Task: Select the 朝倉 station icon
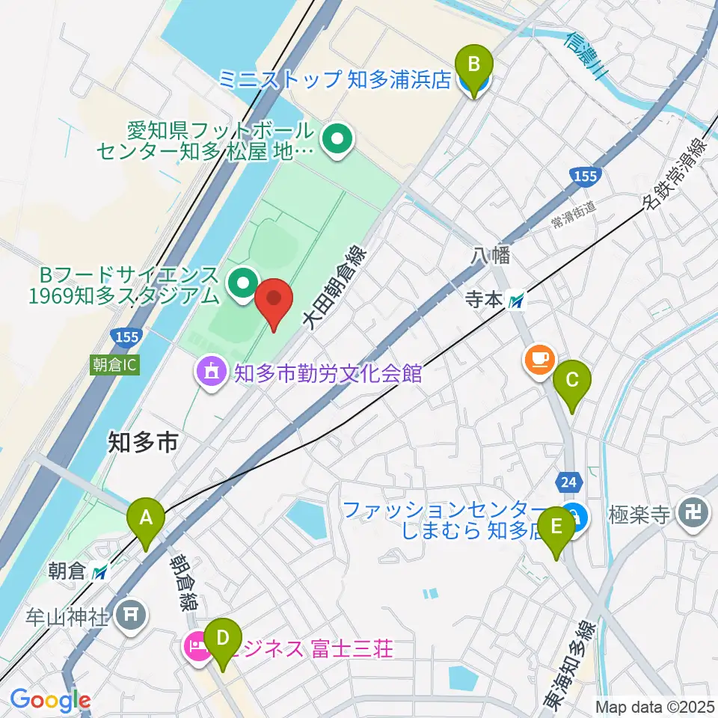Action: pos(101,573)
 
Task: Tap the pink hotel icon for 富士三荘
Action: pos(197,647)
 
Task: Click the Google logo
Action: pos(50,701)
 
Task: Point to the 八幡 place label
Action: pos(491,257)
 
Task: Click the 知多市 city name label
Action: pos(142,443)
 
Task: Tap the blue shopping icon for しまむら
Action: pos(576,515)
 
